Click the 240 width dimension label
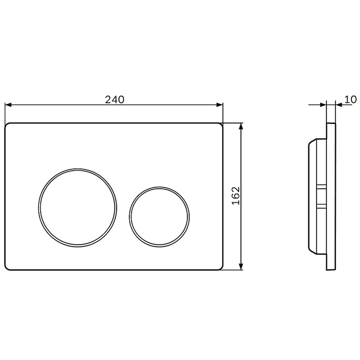coord(114,100)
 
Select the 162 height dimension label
coord(236,196)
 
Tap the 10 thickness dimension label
coord(351,99)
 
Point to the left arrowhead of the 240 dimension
coord(8,105)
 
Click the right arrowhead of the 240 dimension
coord(220,105)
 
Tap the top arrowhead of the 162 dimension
coord(241,126)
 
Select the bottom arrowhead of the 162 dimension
coord(241,266)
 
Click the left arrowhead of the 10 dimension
coord(323,105)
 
